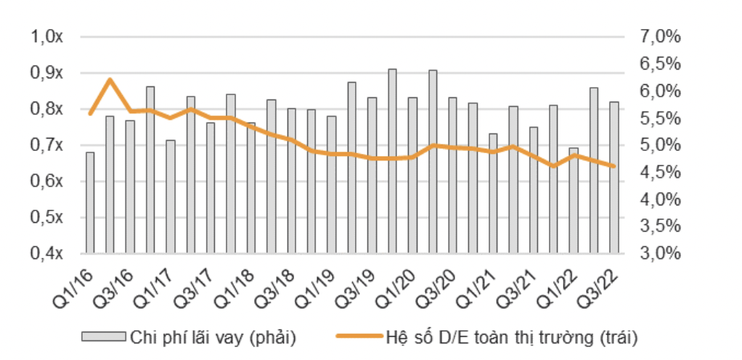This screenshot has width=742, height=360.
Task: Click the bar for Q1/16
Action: click(x=90, y=203)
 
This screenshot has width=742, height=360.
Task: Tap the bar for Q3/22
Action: click(x=614, y=178)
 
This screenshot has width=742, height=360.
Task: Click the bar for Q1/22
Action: click(x=574, y=200)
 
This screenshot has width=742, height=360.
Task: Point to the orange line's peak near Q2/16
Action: click(x=110, y=79)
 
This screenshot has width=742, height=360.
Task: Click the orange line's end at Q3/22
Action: click(x=614, y=166)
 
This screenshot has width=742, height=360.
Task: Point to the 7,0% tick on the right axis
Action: click(x=661, y=37)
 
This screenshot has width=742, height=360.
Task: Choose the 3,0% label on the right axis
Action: click(x=661, y=253)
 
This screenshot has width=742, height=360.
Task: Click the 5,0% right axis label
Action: click(x=661, y=145)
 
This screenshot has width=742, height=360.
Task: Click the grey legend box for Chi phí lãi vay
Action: click(x=103, y=337)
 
